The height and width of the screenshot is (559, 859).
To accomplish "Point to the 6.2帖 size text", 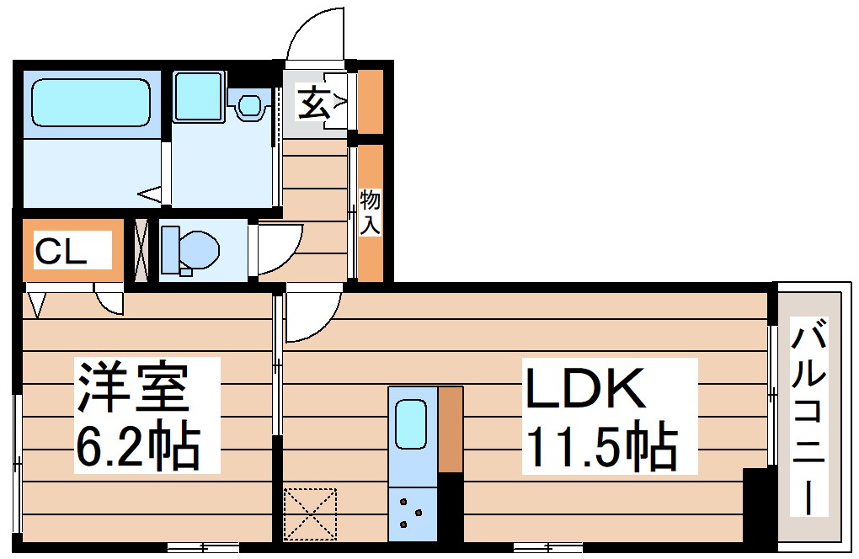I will (x=136, y=445).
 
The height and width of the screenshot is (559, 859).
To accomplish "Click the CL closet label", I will (x=61, y=251).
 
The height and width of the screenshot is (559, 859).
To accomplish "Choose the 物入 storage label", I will (x=371, y=212).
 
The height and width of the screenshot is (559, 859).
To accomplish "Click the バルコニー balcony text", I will (x=808, y=418).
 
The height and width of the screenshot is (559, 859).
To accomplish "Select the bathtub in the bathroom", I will (x=90, y=103).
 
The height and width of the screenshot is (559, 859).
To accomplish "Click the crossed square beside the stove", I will (x=310, y=514).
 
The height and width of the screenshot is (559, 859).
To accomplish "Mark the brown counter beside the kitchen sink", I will (x=451, y=429).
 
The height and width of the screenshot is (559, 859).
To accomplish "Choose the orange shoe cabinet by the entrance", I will (x=371, y=101).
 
